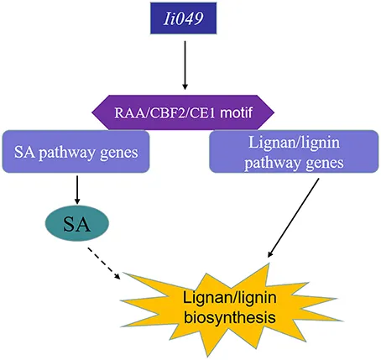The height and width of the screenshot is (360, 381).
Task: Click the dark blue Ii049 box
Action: tap(183, 18)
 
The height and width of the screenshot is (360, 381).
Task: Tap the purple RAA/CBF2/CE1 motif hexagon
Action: tap(183, 112)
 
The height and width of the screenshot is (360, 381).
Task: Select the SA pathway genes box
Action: tap(76, 151)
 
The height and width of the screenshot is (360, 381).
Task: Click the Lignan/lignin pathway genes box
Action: tap(294, 151)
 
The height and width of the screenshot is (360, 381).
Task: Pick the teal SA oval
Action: tap(77, 223)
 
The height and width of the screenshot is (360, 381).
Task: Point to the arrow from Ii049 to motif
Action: tap(185, 65)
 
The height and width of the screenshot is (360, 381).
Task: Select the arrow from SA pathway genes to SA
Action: tap(77, 190)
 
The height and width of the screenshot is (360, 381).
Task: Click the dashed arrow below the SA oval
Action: tap(104, 263)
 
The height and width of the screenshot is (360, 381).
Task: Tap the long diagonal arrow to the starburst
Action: tap(293, 218)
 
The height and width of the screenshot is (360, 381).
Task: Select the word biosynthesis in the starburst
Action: tap(230, 318)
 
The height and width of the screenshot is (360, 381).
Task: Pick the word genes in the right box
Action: tap(325, 164)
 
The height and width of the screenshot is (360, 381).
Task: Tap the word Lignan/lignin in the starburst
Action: tap(230, 298)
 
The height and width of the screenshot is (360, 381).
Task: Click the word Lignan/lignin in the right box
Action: tap(294, 143)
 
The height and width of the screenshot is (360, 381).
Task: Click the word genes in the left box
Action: tap(119, 154)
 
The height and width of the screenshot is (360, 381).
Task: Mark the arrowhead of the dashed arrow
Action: tap(117, 276)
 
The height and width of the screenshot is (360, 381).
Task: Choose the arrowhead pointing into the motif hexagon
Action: tap(185, 86)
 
